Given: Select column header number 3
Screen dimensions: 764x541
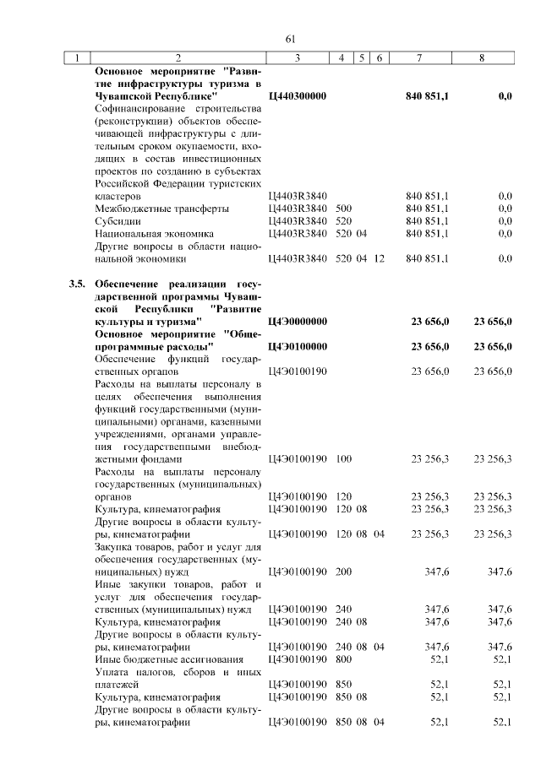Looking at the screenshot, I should tap(298, 57).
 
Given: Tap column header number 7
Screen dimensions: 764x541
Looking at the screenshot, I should tap(420, 57).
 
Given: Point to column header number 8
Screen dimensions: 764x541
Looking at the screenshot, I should tap(481, 57).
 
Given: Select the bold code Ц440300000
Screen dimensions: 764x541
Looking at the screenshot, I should tap(297, 97).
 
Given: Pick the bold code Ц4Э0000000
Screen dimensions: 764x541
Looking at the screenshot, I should tap(297, 322).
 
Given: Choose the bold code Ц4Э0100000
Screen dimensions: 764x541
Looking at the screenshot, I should tap(297, 346).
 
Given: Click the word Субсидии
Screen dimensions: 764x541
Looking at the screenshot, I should tap(118, 220).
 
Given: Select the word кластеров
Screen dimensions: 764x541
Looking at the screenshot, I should tap(122, 196).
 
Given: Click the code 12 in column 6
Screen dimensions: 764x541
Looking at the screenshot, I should tap(379, 258).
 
